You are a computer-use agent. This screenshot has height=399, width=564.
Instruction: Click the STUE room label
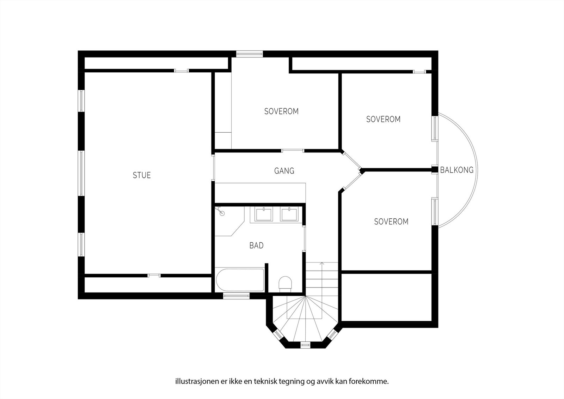(142, 175)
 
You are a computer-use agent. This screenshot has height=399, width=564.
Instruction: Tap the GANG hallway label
(284, 171)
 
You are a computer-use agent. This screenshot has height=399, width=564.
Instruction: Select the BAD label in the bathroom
(256, 246)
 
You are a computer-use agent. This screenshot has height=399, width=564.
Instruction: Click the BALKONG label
(456, 170)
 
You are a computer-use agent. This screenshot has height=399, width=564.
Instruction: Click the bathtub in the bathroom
(240, 280)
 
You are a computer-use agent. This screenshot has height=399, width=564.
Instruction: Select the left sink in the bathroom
(263, 214)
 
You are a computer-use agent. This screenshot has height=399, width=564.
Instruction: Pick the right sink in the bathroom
(289, 214)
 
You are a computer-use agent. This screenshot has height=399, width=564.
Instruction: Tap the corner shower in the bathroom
(227, 220)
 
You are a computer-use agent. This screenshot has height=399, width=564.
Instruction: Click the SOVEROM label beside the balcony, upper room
(383, 119)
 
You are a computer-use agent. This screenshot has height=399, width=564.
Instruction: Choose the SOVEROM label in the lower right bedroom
(391, 222)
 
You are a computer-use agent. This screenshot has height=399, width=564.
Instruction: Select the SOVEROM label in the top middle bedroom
(281, 111)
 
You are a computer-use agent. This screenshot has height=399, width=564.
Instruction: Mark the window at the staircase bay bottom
(305, 345)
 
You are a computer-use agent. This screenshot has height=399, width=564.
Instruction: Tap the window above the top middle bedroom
(249, 54)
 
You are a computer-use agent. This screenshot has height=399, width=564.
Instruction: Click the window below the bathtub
(237, 296)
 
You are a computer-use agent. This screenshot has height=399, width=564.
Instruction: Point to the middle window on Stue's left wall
(81, 173)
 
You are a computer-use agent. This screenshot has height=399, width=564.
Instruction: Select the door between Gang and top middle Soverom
(293, 151)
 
